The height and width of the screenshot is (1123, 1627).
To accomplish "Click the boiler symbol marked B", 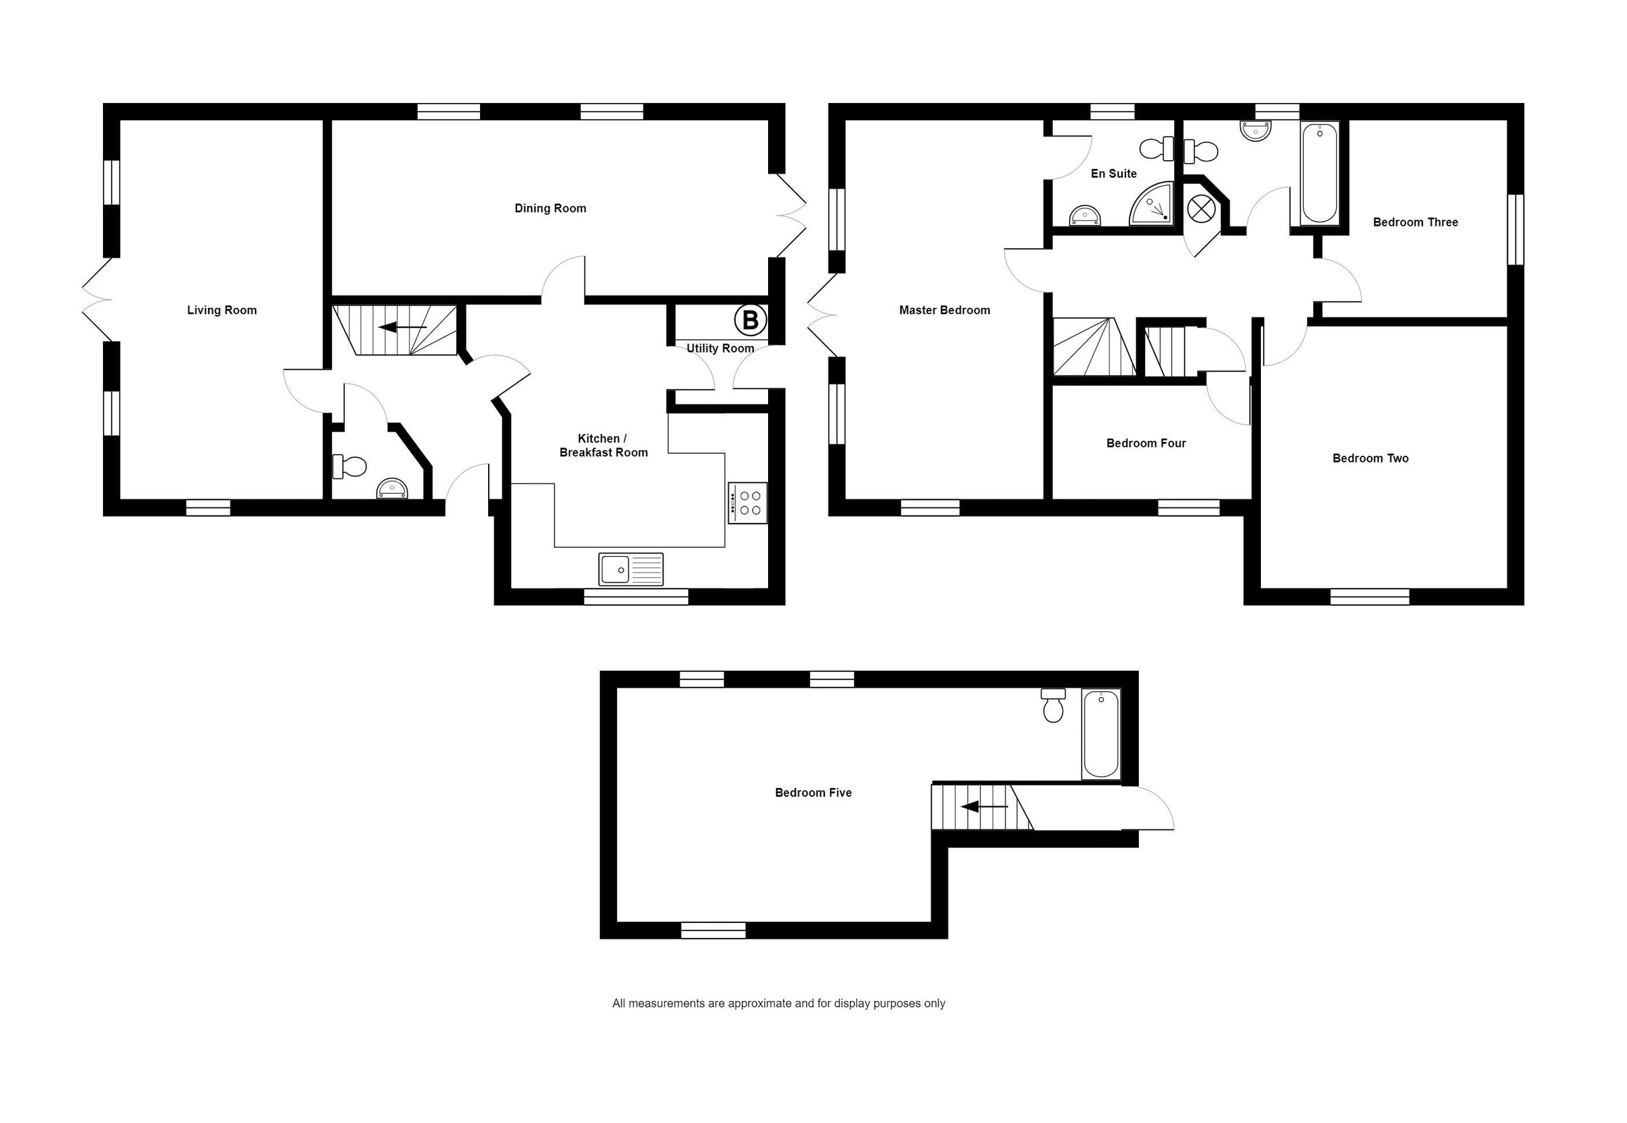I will [750, 321].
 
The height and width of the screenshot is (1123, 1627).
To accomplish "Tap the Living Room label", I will [222, 311].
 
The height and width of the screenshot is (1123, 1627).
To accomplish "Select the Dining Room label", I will [550, 208].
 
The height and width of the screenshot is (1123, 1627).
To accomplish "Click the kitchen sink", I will [630, 569].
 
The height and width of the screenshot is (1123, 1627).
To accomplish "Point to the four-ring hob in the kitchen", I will [747, 503].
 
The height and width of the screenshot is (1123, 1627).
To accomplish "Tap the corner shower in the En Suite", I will [1152, 204].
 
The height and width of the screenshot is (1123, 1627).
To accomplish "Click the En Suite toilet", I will [1155, 149].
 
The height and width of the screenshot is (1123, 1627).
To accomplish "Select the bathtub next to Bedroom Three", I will [1319, 173].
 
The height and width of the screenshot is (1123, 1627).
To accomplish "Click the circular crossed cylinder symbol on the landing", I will [1198, 208].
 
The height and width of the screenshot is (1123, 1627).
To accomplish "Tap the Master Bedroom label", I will [944, 311].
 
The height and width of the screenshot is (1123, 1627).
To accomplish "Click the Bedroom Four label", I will [1146, 444].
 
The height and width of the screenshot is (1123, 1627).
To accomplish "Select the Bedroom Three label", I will [1415, 222].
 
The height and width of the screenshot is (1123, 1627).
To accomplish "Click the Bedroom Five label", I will [813, 793].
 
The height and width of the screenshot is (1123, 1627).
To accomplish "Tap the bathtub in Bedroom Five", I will [1100, 734].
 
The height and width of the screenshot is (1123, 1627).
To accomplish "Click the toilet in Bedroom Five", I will [1053, 706].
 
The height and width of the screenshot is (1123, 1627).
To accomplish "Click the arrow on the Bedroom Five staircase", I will [984, 807].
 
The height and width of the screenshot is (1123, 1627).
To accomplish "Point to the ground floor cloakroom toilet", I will [351, 466].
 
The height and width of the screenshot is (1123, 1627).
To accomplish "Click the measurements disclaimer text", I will [778, 1004].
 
